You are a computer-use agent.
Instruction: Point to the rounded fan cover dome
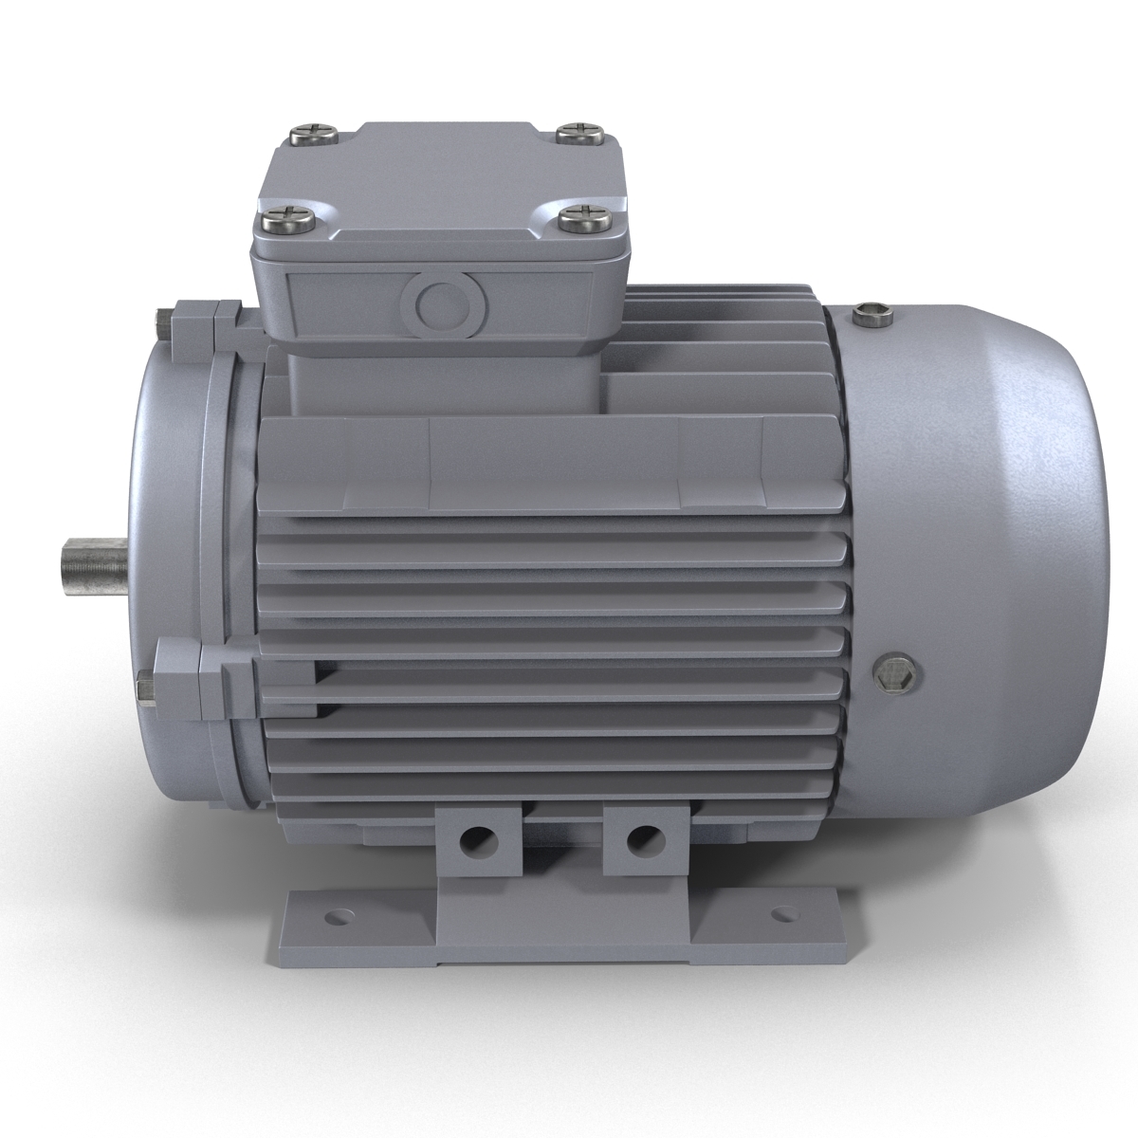[x=1005, y=531]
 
